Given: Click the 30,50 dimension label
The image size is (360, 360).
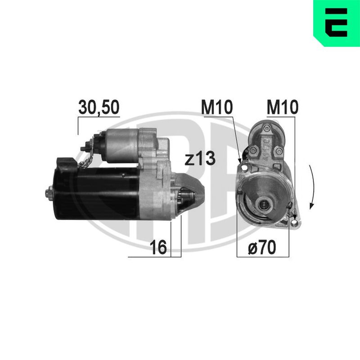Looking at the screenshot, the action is (x=99, y=107).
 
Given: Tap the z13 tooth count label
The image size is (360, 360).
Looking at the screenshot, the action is (x=200, y=158).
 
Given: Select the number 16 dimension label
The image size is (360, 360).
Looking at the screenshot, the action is (x=158, y=247).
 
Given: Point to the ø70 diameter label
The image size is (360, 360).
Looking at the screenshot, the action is (x=262, y=247).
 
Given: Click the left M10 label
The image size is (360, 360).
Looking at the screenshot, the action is (x=217, y=107).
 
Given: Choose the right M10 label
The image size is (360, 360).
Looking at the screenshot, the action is (x=283, y=107).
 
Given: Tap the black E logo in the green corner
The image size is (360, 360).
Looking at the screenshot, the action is (x=336, y=22).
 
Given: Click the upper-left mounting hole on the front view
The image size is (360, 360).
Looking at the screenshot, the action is (x=244, y=168).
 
